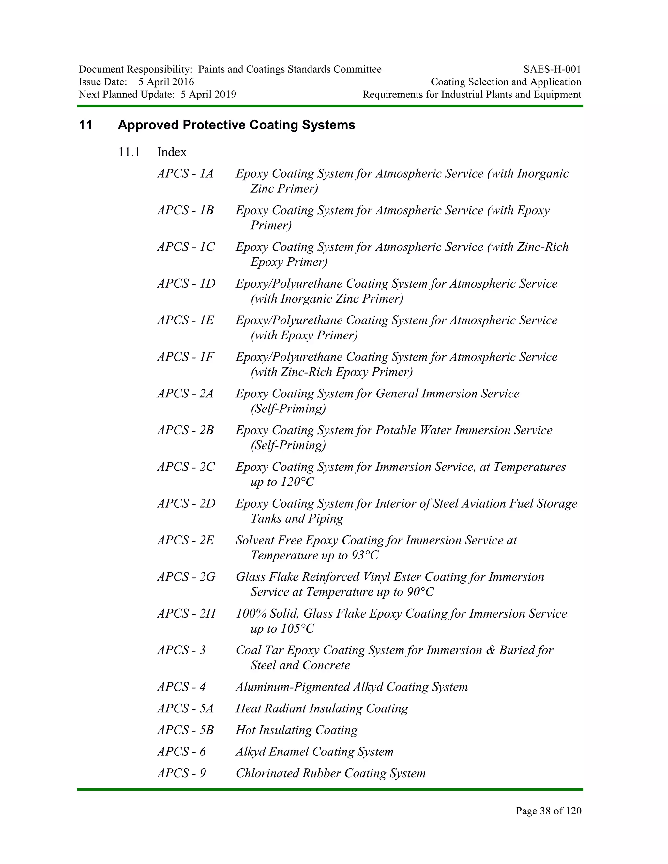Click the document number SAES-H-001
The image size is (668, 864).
552,69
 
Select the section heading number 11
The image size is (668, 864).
85,125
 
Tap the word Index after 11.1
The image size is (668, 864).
172,152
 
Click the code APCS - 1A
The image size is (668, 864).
185,174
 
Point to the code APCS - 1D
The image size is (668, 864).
186,284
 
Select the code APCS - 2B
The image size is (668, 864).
185,430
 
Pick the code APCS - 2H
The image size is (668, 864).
186,614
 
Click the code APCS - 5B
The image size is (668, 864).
185,730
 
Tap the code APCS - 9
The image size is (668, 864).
181,773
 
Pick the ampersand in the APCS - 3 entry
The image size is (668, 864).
490,650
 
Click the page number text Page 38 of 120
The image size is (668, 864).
548,811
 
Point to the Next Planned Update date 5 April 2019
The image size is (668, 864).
208,95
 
